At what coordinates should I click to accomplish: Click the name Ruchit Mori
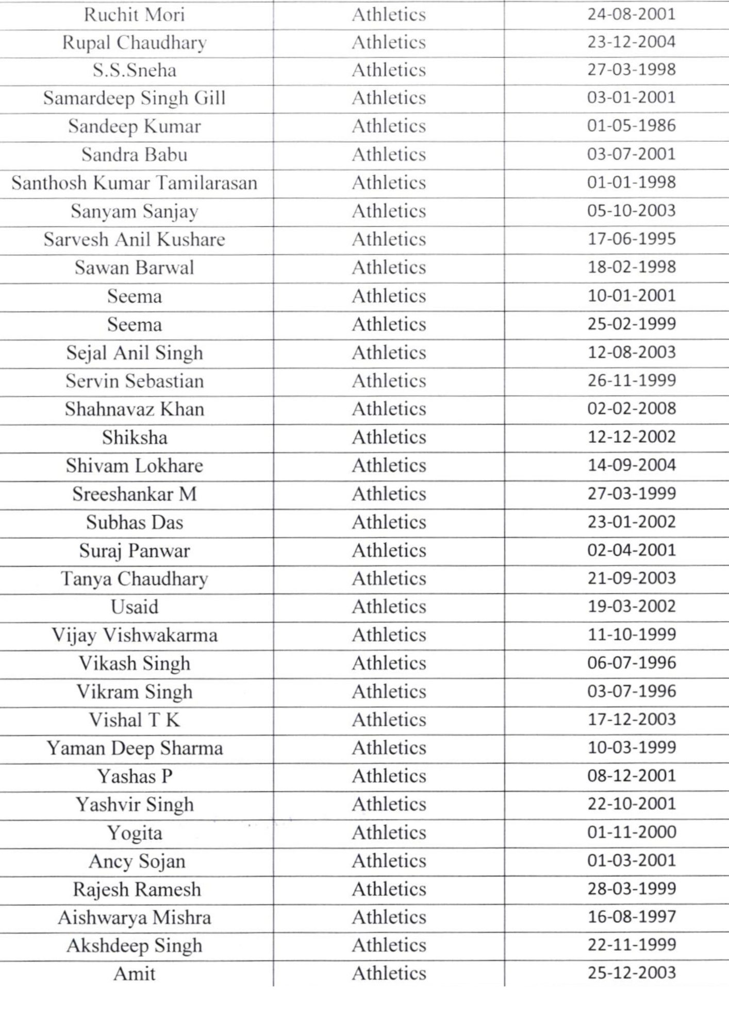pyautogui.click(x=134, y=14)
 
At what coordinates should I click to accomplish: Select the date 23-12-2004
pyautogui.click(x=631, y=42)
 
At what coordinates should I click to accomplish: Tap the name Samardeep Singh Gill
pyautogui.click(x=134, y=98)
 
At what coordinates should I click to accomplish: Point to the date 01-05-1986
pyautogui.click(x=631, y=126)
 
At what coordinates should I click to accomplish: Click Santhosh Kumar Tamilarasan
pyautogui.click(x=134, y=183)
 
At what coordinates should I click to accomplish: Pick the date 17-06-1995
pyautogui.click(x=631, y=239)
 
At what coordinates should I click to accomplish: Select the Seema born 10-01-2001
pyautogui.click(x=134, y=296)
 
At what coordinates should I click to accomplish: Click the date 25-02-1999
pyautogui.click(x=631, y=324)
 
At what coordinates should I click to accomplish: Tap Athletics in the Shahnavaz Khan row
pyautogui.click(x=389, y=409)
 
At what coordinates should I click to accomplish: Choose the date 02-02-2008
pyautogui.click(x=631, y=409)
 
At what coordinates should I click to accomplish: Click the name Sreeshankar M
pyautogui.click(x=134, y=494)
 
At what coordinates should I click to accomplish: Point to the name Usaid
pyautogui.click(x=134, y=607)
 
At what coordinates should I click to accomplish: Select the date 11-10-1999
pyautogui.click(x=631, y=635)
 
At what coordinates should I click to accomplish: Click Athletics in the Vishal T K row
pyautogui.click(x=389, y=720)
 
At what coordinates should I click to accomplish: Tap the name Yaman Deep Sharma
pyautogui.click(x=134, y=748)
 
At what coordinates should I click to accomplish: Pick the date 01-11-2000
pyautogui.click(x=631, y=832)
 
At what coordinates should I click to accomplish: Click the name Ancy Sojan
pyautogui.click(x=137, y=861)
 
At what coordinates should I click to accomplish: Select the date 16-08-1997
pyautogui.click(x=631, y=917)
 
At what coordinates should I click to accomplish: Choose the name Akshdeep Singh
pyautogui.click(x=134, y=945)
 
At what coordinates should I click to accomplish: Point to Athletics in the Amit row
pyautogui.click(x=389, y=973)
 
